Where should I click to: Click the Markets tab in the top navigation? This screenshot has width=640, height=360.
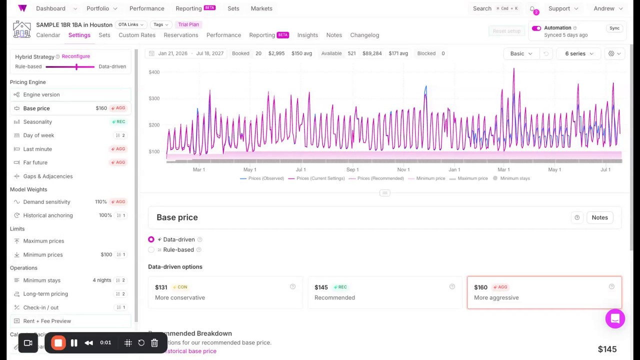(261, 8)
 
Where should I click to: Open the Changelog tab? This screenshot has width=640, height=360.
(364, 35)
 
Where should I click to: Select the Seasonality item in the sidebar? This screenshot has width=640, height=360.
(37, 122)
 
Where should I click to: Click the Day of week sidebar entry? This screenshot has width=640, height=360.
(38, 135)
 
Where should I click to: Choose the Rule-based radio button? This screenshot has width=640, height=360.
(151, 250)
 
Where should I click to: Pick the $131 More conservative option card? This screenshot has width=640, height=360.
(225, 292)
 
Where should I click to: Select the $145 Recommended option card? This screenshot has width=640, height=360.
(384, 292)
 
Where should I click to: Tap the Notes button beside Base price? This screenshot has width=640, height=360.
(599, 217)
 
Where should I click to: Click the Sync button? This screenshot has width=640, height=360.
(614, 28)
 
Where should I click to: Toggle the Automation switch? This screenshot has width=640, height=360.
(536, 28)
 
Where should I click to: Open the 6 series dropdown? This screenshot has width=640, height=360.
(579, 53)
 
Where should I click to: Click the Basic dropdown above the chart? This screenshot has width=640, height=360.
(521, 53)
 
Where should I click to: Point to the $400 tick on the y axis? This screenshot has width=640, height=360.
(154, 72)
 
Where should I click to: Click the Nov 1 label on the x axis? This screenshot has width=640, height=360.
(403, 170)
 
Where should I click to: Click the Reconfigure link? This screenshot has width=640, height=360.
(76, 56)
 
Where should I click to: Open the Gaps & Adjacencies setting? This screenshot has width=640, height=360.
(48, 176)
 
